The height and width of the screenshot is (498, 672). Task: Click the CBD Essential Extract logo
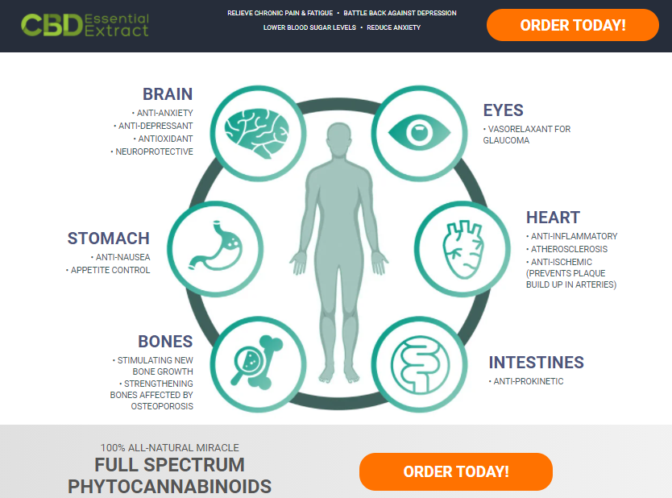tap(85, 25)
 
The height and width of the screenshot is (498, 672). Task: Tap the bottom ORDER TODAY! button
tap(455, 471)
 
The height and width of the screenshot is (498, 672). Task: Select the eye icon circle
tap(417, 130)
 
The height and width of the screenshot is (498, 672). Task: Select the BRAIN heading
tap(168, 94)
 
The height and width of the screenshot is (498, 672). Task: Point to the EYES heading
tap(503, 110)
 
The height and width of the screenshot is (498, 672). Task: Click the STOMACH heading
tap(109, 239)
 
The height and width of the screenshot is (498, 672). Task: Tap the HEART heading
tap(553, 218)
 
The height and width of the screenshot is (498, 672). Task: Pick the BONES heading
tap(165, 342)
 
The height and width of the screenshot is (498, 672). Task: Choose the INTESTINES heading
tap(536, 363)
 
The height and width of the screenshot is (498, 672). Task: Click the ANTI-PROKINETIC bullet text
tap(528, 381)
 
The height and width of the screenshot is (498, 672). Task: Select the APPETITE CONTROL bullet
tap(109, 270)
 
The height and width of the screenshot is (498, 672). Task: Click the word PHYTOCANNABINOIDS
tap(169, 487)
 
